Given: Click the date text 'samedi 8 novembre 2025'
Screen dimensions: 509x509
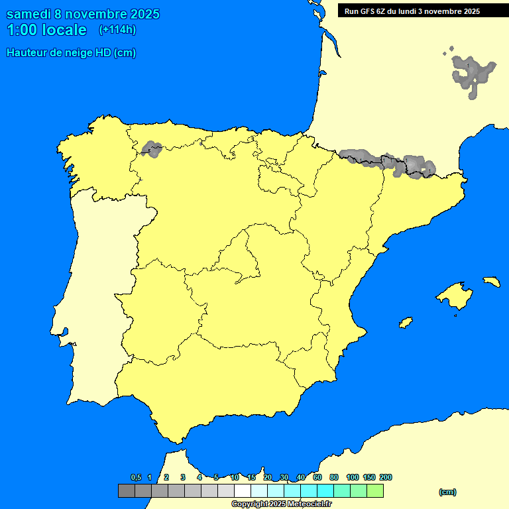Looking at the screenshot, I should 82,14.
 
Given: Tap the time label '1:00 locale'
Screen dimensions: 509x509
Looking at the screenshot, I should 46,30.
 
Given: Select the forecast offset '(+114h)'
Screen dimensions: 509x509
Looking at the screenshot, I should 117,30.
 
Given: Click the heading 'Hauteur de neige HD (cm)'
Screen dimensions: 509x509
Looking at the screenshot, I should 71,53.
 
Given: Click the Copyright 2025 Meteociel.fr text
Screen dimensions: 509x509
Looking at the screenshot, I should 281,504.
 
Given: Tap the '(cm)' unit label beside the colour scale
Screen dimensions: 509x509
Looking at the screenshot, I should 447,492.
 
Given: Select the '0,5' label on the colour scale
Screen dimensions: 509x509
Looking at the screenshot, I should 136,477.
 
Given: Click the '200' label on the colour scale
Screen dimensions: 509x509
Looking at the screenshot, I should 385,477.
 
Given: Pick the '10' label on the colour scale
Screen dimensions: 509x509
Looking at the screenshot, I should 235,477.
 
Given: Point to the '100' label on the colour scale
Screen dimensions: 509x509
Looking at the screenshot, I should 353,477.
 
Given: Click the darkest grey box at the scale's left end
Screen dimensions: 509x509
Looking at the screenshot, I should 126,491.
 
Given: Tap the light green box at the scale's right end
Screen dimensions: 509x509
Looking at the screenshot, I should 375,491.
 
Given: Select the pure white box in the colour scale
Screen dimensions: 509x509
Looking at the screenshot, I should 243,491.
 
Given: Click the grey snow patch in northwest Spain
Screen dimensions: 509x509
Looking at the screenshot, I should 152,149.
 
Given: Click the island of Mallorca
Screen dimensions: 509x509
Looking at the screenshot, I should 455,296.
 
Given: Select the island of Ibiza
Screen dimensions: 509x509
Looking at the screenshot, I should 406,323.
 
